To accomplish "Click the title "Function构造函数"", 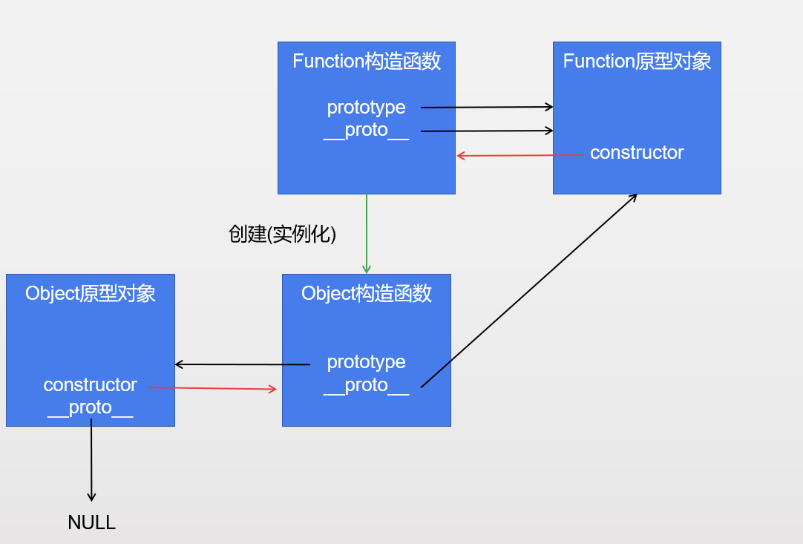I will point(367,61).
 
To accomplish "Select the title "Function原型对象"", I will point(637,61).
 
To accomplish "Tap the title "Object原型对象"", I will point(91,293).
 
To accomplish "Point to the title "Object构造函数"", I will point(367,293).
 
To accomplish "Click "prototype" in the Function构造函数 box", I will point(367,107).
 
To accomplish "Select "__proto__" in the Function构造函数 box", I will point(367,130).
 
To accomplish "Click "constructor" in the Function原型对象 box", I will point(637,153).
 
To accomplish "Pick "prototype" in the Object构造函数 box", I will point(367,361).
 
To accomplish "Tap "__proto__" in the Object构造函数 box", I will point(367,384).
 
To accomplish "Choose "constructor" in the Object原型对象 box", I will point(91,384).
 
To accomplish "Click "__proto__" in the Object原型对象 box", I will point(91,407).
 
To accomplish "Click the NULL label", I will point(91,522).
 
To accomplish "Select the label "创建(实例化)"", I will point(283,235).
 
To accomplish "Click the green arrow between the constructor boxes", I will point(366,234).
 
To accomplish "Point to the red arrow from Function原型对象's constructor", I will point(520,155).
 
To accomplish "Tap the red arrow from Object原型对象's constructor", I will point(212,388).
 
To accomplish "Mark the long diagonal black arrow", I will point(529,290).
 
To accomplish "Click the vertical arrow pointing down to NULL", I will point(91,460).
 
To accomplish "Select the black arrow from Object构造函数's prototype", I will point(242,364).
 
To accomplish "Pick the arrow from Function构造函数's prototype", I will point(487,107).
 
